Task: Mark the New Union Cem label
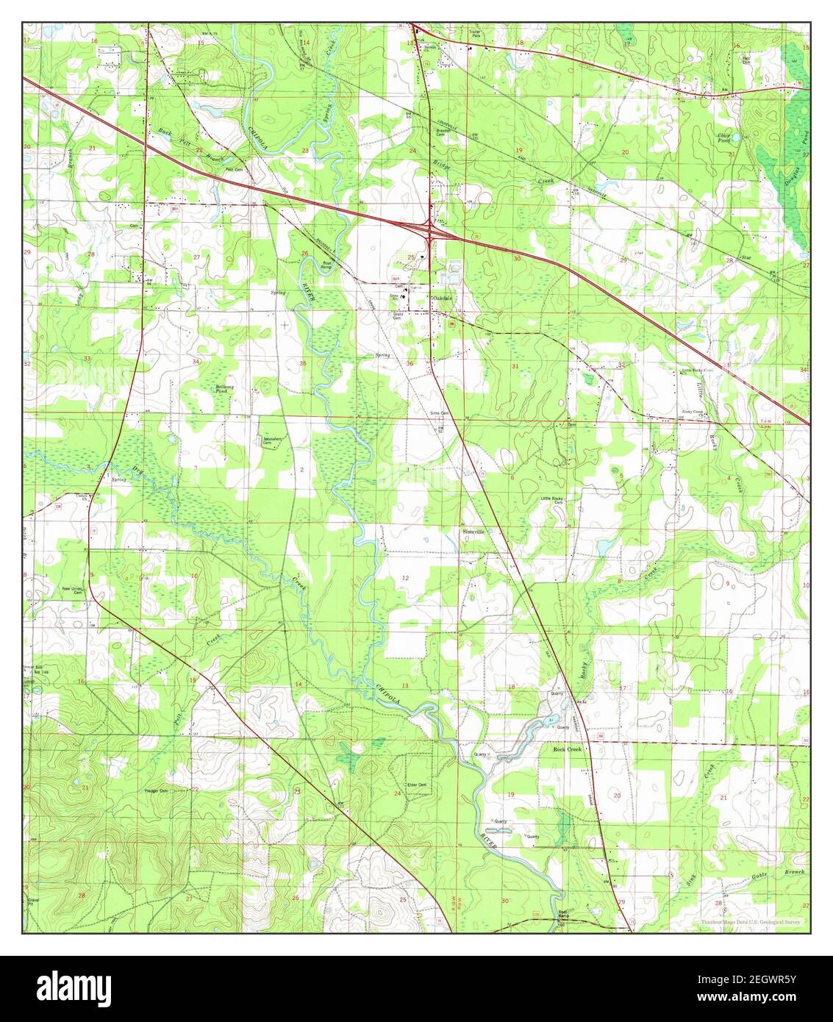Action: [x=71, y=590]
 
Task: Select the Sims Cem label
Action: [x=440, y=414]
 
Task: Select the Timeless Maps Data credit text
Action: [x=750, y=921]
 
